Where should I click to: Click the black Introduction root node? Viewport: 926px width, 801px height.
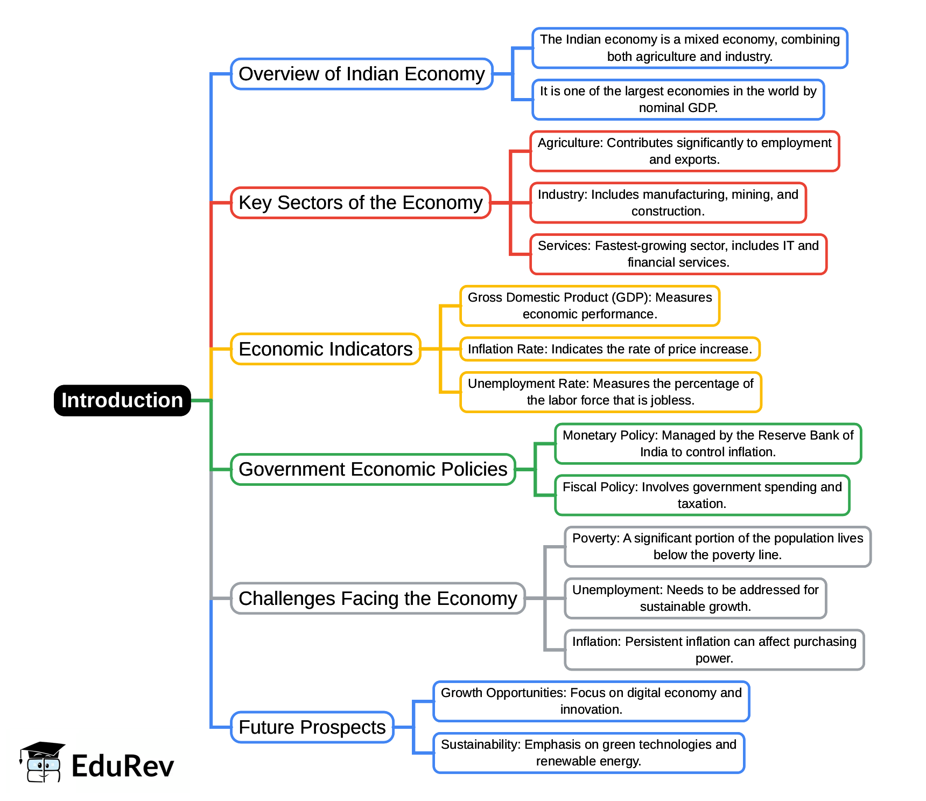coord(122,400)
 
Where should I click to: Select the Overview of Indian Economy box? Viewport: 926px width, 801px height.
coord(362,74)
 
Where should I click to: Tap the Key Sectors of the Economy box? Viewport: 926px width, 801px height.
coord(361,203)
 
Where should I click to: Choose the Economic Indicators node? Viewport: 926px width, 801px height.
coord(325,349)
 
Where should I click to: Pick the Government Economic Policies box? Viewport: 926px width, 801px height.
coord(373,469)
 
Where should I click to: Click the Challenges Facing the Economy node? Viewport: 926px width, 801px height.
coord(377,598)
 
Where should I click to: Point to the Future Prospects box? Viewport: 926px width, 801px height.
coord(312,727)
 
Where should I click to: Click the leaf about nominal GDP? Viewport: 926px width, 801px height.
coord(678,99)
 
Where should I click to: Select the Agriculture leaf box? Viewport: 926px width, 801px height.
coord(684,151)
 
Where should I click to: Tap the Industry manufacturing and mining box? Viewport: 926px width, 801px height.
coord(668,203)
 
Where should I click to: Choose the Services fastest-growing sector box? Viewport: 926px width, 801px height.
coord(678,254)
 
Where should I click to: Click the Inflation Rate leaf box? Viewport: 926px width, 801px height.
coord(609,349)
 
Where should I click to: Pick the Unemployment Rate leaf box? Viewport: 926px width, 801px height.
coord(611,392)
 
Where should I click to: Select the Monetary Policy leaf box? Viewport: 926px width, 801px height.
coord(707,443)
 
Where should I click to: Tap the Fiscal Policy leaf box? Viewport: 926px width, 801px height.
coord(702,495)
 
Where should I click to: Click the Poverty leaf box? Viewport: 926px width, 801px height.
coord(717,546)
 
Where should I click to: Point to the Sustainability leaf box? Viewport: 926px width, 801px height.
coord(588,753)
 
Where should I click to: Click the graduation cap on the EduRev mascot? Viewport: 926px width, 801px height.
coord(43,749)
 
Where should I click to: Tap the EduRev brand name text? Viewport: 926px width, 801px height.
coord(123,766)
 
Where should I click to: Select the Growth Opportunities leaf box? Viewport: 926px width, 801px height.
coord(591,701)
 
